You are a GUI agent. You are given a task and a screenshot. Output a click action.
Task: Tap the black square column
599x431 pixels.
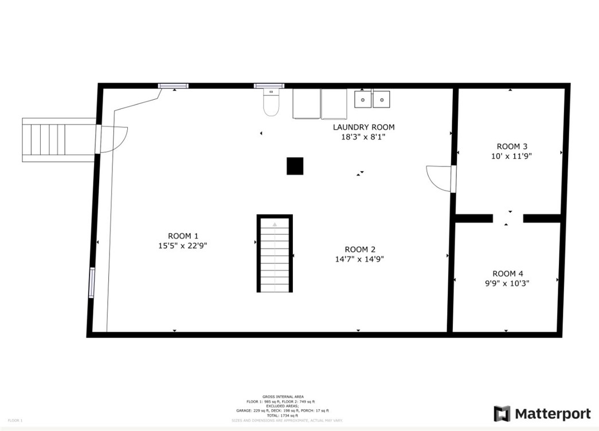pos(295,166)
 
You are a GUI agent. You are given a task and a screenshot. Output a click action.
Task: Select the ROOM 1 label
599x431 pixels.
pos(183,236)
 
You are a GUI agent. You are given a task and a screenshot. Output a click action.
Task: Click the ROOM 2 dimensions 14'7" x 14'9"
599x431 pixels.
pos(359,259)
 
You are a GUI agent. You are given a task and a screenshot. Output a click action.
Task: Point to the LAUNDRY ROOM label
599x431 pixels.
pos(363,127)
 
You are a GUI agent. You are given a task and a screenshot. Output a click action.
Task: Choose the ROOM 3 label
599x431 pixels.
pos(508,146)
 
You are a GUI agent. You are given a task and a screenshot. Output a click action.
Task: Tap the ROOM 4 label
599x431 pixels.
pos(507,274)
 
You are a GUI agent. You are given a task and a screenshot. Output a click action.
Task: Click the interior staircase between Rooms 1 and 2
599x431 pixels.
pos(275,254)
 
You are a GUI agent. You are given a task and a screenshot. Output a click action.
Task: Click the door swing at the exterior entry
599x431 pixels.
pos(113,139)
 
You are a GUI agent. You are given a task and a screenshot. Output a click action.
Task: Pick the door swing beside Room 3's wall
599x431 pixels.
pos(439,178)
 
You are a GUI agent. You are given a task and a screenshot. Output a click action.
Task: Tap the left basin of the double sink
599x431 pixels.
pos(362,99)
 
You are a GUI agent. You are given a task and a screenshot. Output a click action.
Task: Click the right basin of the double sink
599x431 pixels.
pos(381,99)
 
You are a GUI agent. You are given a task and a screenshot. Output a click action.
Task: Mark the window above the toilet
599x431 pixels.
pos(269,86)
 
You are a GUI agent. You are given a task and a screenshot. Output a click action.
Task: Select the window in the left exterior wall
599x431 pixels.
pos(91,283)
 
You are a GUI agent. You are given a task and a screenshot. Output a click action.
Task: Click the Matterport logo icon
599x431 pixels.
pos(502,414)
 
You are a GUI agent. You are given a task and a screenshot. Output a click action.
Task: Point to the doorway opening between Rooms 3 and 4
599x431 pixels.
pos(508,218)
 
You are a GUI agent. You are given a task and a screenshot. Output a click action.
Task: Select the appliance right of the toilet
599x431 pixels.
pos(307,103)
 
